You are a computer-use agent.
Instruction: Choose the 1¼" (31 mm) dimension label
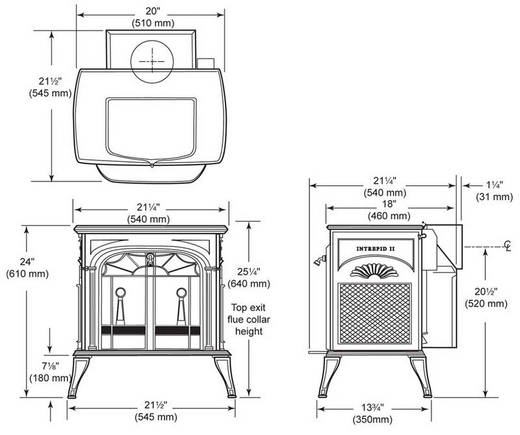pyautogui.click(x=489, y=192)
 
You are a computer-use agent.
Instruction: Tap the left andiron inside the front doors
pyautogui.click(x=121, y=306)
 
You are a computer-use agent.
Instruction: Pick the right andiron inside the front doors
pyautogui.click(x=182, y=306)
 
